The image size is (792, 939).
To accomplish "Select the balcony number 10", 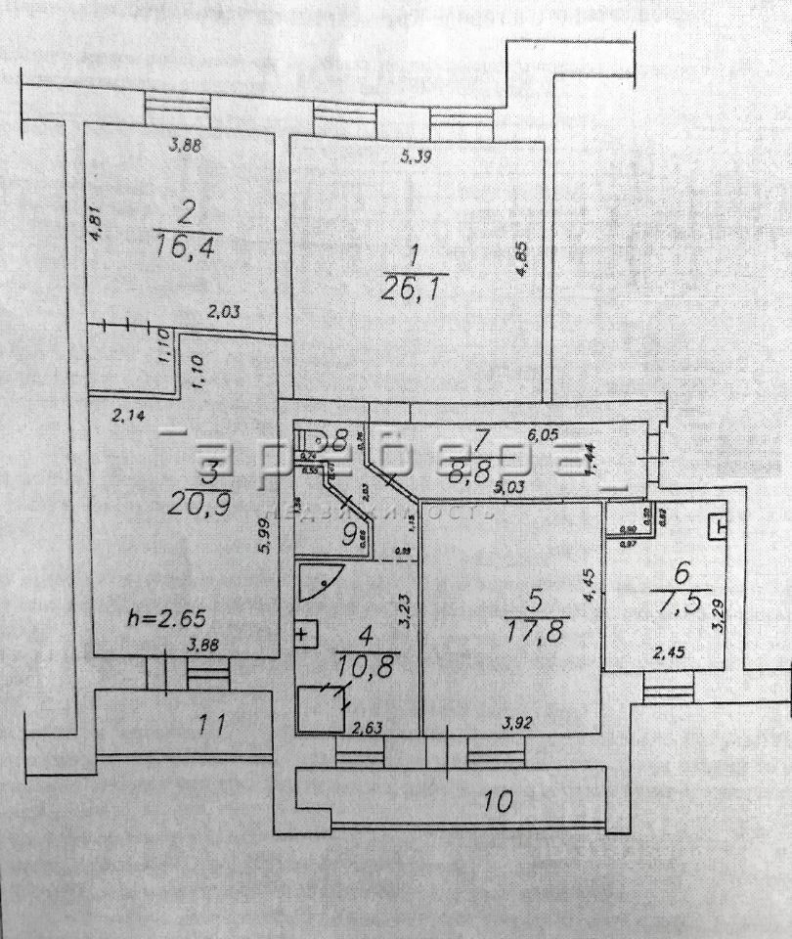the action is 498,802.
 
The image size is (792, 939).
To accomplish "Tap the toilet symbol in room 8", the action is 314,441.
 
